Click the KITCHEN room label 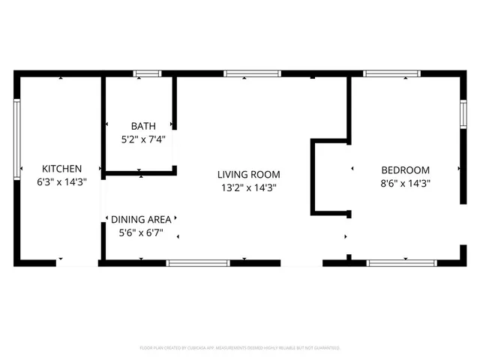click(x=61, y=169)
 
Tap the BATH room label click(x=143, y=126)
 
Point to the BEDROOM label click(x=405, y=169)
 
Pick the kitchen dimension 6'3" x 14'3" click(x=61, y=182)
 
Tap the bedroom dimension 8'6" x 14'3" click(x=405, y=182)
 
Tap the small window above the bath click(x=147, y=73)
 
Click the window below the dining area click(x=197, y=262)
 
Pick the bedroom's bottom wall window click(x=401, y=262)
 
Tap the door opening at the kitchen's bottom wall click(x=76, y=262)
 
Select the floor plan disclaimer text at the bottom click(x=240, y=348)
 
